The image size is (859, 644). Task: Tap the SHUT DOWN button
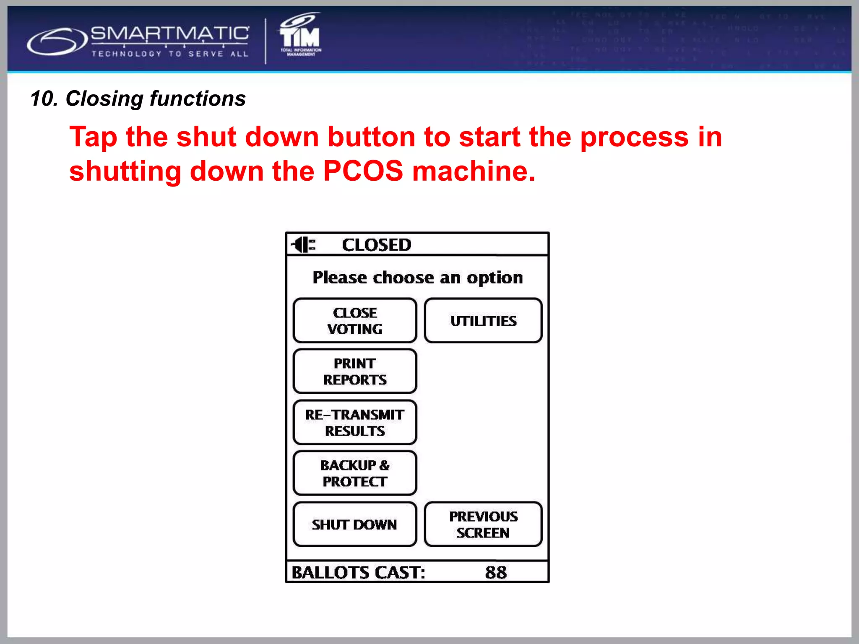355,524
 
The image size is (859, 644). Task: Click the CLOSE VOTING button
355,321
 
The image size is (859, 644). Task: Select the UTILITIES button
483,321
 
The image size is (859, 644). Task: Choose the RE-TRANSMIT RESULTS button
355,423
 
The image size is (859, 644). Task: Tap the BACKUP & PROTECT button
355,473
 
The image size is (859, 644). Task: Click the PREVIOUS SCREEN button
483,524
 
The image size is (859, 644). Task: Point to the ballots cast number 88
496,572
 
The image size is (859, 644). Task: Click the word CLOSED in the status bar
376,245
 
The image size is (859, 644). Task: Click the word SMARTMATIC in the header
170,34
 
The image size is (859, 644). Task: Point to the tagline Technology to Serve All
170,54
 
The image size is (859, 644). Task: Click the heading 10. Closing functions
138,99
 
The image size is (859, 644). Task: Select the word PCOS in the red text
363,171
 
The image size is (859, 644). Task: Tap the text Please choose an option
418,278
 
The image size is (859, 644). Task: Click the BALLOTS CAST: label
358,572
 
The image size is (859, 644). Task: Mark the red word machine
473,171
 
